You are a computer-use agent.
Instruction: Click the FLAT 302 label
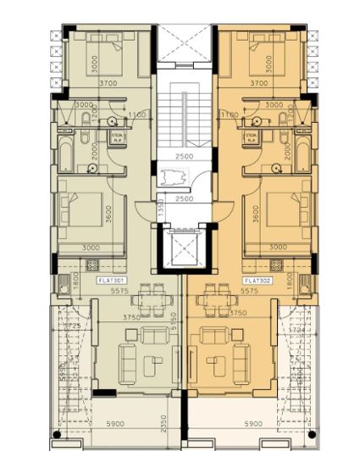[x=255, y=281]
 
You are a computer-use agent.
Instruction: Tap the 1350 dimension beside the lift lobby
[x=160, y=209]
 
